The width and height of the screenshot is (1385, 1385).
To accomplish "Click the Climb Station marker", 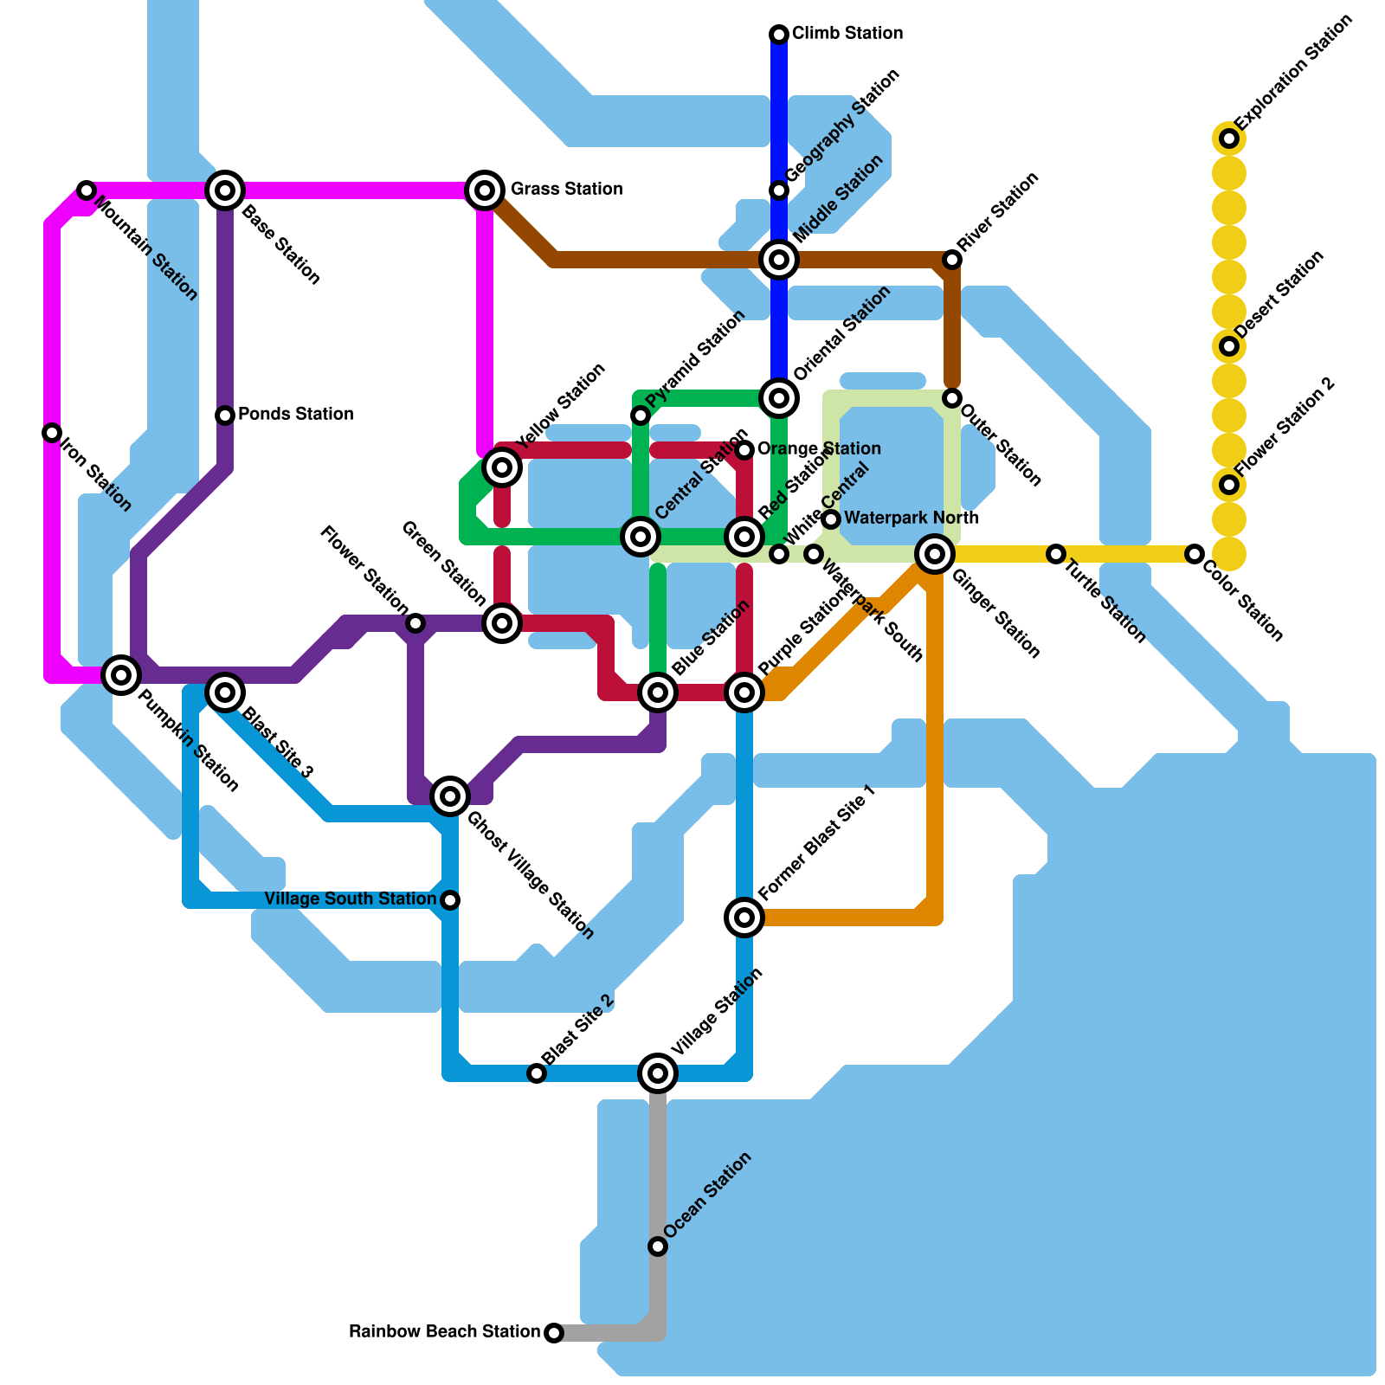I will click(x=779, y=35).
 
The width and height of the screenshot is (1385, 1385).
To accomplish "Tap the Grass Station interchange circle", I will click(x=486, y=190).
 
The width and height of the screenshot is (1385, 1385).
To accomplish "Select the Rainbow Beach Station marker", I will click(x=554, y=1332).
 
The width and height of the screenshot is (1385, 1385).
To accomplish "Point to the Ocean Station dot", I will click(x=658, y=1246).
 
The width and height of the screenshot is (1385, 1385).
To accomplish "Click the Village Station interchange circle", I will click(x=658, y=1073).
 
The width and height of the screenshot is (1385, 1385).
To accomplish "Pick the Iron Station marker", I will click(x=52, y=433).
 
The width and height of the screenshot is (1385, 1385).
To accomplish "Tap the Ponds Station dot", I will click(x=225, y=415).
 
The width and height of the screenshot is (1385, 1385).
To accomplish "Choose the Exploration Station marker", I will click(x=1229, y=138).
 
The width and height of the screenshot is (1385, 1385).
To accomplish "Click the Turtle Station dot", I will click(x=1056, y=554).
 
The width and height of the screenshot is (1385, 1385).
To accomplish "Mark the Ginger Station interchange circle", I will click(x=935, y=554).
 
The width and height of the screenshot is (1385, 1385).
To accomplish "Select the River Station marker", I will click(x=952, y=260).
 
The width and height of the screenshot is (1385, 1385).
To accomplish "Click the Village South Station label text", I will click(x=350, y=899).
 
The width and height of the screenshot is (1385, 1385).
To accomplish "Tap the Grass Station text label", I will click(x=566, y=190).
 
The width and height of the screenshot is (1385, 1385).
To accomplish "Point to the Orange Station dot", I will click(x=744, y=450).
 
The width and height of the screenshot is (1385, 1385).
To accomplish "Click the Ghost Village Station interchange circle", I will click(x=450, y=796).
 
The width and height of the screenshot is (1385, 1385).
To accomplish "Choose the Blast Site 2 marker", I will click(x=537, y=1073).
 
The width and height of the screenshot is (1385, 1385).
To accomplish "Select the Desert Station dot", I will click(x=1229, y=346).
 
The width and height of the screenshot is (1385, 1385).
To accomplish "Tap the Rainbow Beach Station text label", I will click(x=444, y=1331).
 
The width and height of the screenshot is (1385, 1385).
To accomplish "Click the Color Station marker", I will click(x=1195, y=554).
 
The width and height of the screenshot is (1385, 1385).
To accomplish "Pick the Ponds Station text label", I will click(x=295, y=415).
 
